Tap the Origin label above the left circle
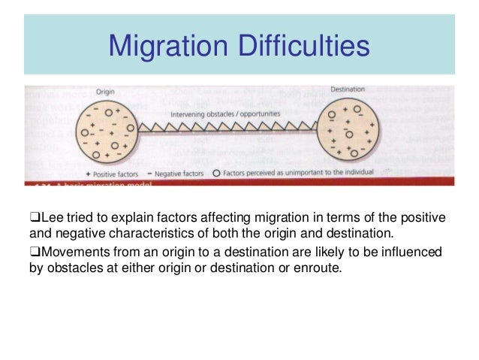[105, 92]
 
